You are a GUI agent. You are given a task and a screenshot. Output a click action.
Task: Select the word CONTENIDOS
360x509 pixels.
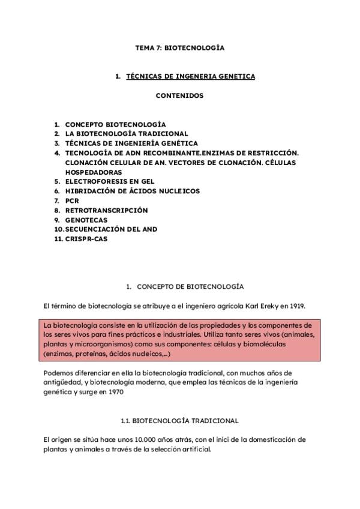click(x=179, y=95)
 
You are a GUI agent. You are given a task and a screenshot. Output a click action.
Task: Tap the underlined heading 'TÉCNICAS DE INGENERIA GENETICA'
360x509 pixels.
click(x=190, y=76)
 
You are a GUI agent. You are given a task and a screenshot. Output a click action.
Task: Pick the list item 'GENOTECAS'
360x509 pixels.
click(x=86, y=220)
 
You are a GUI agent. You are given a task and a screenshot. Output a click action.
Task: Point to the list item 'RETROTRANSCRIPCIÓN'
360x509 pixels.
click(x=106, y=211)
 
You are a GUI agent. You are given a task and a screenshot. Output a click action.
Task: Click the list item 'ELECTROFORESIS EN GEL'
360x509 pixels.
click(x=110, y=181)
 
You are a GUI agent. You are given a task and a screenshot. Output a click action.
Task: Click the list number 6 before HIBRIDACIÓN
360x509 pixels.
click(x=56, y=191)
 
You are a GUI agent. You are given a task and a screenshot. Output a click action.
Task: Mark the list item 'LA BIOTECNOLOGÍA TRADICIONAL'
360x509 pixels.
click(x=127, y=133)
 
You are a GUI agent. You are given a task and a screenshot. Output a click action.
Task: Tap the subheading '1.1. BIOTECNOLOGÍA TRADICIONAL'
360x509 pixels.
click(x=179, y=421)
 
